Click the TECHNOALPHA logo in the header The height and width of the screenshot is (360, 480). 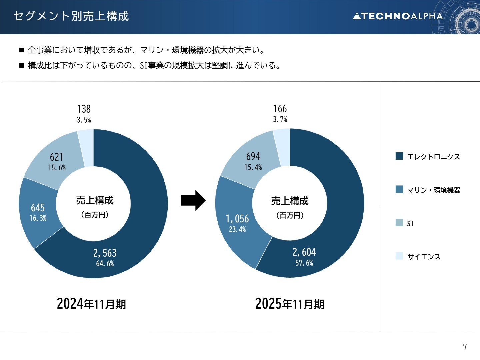(398, 16)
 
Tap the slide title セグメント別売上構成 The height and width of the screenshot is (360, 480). (71, 16)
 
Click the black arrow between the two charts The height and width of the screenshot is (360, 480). (193, 200)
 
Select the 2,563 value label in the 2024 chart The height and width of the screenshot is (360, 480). (105, 253)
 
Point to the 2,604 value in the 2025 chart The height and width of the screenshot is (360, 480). (304, 252)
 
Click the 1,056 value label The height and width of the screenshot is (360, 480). (237, 219)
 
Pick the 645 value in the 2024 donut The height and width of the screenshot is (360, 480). (38, 208)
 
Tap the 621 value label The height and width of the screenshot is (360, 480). (57, 157)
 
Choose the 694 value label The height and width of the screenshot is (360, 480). (253, 156)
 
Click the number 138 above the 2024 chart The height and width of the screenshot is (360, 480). (84, 109)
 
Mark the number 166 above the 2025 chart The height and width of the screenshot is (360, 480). (280, 109)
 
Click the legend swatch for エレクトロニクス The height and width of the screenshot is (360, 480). (399, 156)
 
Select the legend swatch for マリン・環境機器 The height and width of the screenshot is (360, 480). (399, 189)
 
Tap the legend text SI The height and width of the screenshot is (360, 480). (410, 223)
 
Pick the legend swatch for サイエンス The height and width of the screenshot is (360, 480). (399, 256)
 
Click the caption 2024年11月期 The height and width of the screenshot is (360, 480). (91, 304)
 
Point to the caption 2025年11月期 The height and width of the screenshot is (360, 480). (290, 304)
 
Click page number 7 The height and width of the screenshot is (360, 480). (465, 347)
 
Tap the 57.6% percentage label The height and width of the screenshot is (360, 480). (304, 263)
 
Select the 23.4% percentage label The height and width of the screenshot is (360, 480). (237, 229)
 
